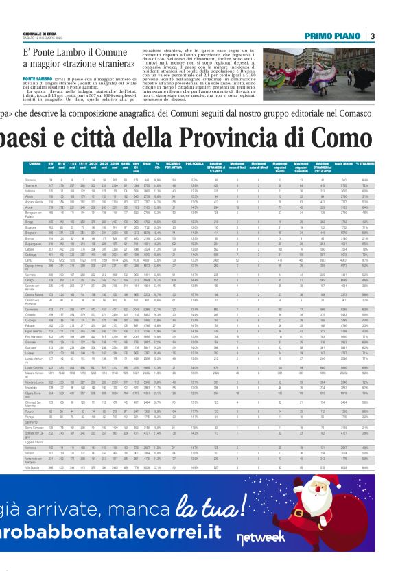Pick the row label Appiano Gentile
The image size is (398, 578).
(x=34, y=201)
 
